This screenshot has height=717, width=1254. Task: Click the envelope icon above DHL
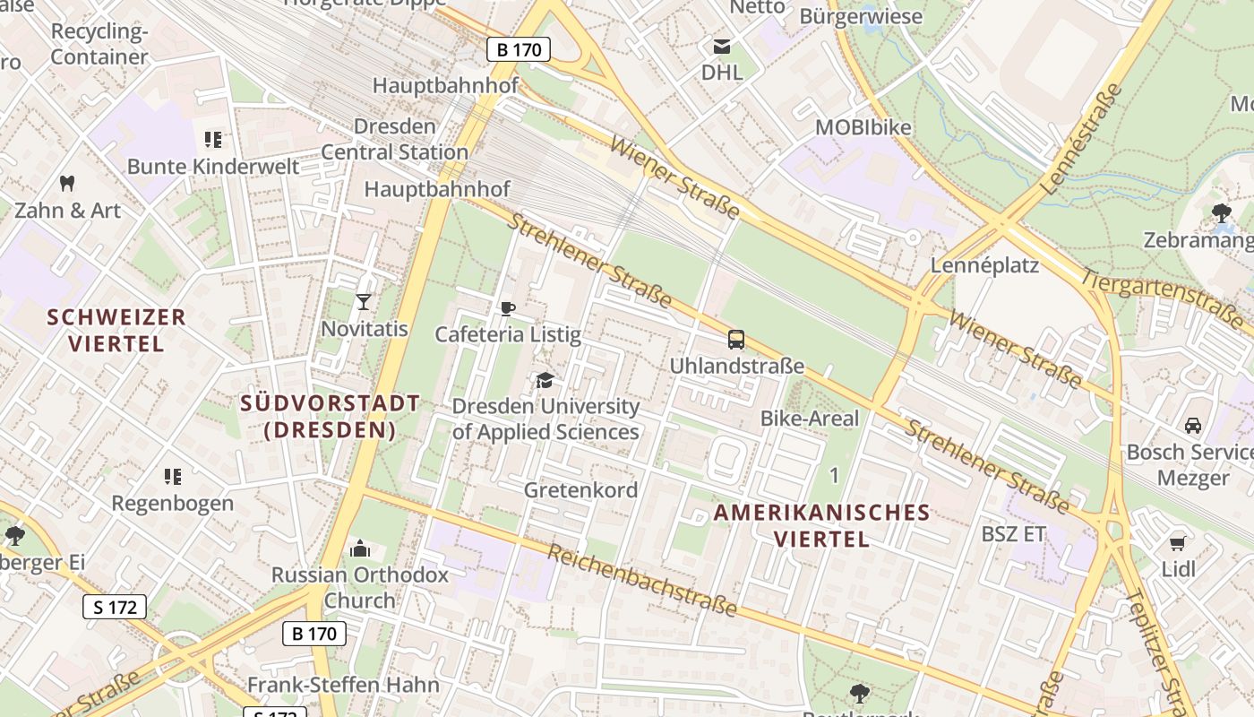tap(721, 46)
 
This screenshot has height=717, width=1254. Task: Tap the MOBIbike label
tap(863, 127)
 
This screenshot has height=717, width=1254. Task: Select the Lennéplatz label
tap(984, 265)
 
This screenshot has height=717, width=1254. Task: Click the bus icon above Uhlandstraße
tap(736, 340)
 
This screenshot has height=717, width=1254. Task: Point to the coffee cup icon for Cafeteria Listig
tap(508, 309)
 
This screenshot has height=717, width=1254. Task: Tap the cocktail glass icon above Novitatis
tap(364, 301)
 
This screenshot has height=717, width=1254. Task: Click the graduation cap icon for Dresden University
tap(545, 381)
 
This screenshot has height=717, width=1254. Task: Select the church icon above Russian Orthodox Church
tap(360, 548)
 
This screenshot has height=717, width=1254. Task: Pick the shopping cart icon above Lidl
tap(1178, 543)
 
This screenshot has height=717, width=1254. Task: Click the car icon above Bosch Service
tap(1193, 426)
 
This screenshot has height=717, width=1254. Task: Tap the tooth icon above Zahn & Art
tap(66, 184)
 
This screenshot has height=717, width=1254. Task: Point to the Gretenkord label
tap(580, 490)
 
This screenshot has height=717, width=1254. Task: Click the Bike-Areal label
tap(809, 419)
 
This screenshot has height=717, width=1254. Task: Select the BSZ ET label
tap(1013, 534)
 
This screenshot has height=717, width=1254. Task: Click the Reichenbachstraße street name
tap(641, 581)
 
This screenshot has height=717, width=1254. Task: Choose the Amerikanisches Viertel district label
tap(821, 525)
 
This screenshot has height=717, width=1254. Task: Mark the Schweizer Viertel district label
tap(116, 330)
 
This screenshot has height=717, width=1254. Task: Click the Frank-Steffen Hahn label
tap(343, 686)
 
